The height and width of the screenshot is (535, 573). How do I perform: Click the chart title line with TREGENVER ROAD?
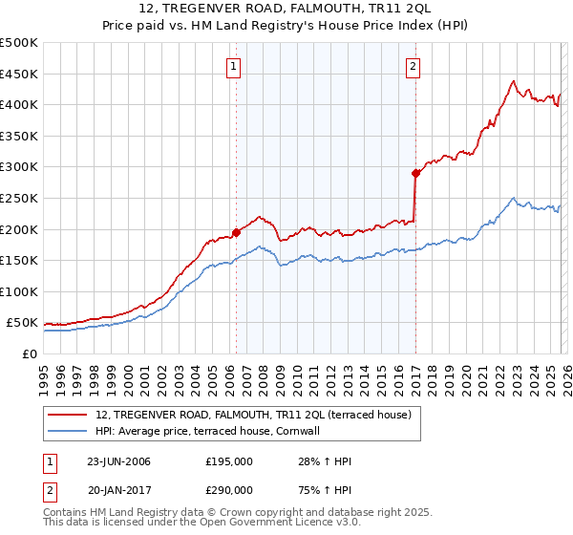[x=286, y=9]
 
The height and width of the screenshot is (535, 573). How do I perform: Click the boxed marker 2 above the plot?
[x=414, y=66]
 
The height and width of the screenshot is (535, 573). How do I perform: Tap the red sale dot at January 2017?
[x=415, y=173]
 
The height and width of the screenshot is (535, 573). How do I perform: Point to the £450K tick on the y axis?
[x=19, y=74]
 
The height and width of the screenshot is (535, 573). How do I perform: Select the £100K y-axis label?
[x=19, y=292]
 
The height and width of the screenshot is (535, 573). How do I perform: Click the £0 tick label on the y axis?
[x=30, y=354]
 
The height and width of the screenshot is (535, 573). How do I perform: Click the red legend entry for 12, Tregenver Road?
[x=253, y=415]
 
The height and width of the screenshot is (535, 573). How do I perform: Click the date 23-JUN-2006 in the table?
[x=118, y=461]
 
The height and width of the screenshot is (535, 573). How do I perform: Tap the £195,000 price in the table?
[x=229, y=461]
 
